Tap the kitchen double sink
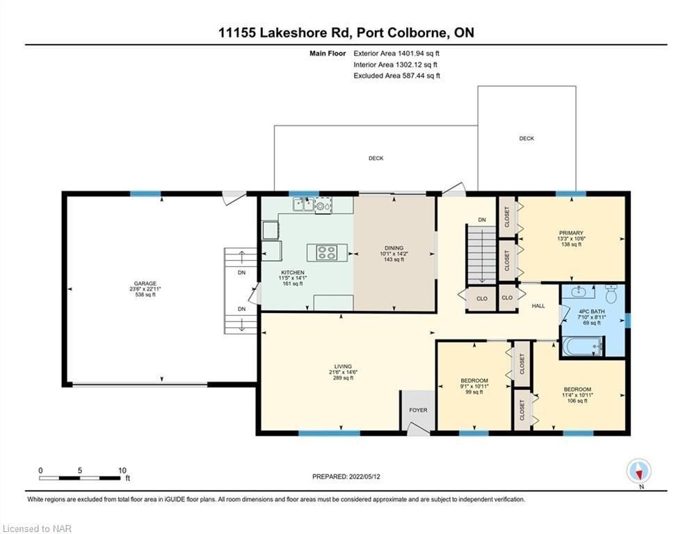303,204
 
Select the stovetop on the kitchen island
327,252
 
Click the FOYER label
418,410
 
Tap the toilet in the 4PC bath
611,294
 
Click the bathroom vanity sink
579,291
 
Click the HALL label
538,306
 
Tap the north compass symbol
638,471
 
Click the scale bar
80,478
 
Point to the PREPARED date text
346,476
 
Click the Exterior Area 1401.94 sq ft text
396,54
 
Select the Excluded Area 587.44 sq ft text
396,76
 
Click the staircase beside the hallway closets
482,254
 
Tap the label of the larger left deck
376,158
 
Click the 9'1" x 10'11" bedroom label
474,386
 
